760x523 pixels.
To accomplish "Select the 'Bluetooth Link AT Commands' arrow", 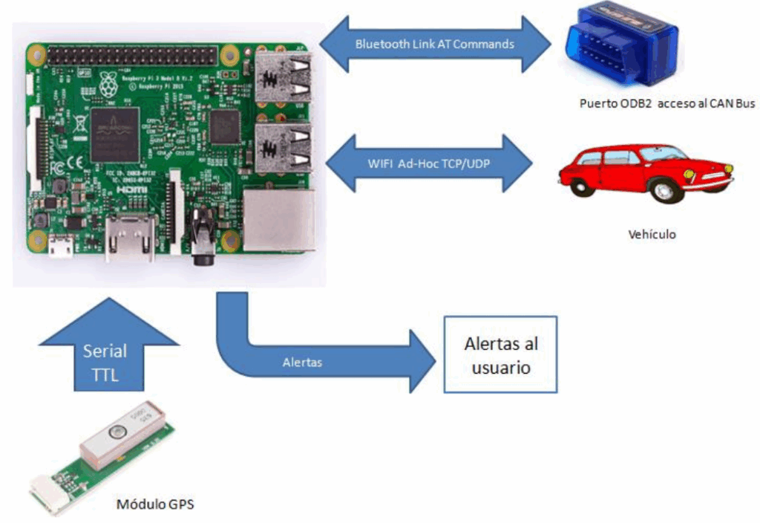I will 435,44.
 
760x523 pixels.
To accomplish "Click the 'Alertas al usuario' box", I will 499,354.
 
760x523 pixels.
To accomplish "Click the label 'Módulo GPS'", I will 154,505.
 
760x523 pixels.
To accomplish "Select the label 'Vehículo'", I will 651,234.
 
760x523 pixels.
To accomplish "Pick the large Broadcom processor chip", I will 115,134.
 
